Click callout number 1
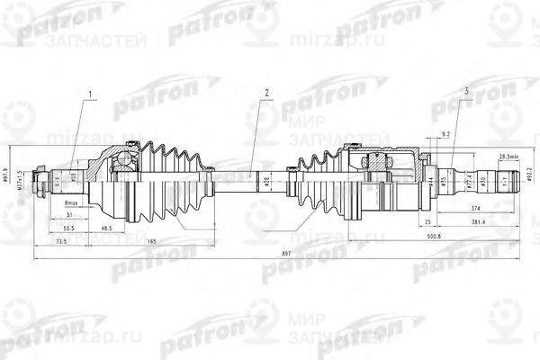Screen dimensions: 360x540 90,93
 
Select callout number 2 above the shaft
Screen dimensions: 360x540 266,93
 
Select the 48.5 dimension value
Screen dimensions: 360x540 107,229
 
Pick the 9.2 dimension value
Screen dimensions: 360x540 445,133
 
